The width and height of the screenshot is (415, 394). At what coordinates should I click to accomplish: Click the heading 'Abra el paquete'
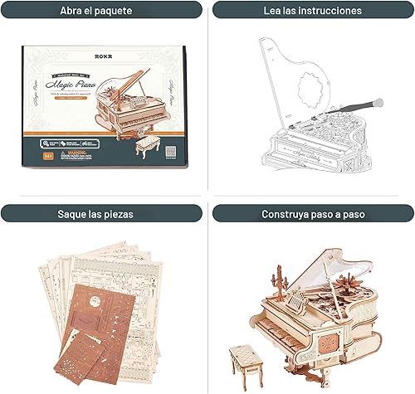[101, 11]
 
